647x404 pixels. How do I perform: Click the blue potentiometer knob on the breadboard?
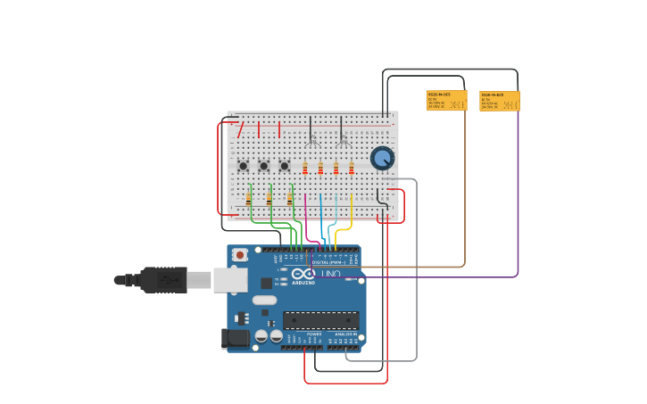(x=382, y=158)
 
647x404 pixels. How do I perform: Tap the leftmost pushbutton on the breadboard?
(x=243, y=166)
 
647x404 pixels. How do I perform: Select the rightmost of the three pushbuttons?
(x=284, y=166)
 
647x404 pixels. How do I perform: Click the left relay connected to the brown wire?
(x=446, y=100)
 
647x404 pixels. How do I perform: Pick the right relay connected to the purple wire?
(x=499, y=101)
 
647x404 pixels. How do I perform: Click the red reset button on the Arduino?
(x=239, y=255)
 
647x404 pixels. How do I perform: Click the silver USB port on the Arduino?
(x=229, y=280)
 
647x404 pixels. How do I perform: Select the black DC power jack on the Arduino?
(x=235, y=338)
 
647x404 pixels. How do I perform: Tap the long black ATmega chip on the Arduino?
(x=320, y=320)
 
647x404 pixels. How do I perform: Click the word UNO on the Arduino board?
(x=331, y=274)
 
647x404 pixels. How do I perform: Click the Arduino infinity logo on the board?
(x=303, y=274)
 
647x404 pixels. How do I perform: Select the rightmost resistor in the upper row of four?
(x=352, y=168)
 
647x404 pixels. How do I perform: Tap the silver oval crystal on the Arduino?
(x=264, y=300)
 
